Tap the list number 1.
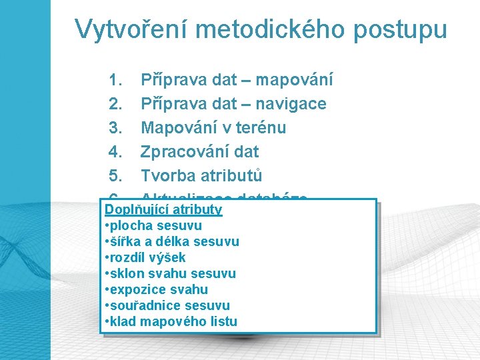pyautogui.click(x=114, y=81)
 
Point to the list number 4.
pyautogui.click(x=114, y=152)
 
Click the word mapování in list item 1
pyautogui.click(x=294, y=81)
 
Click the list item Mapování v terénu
pyautogui.click(x=213, y=128)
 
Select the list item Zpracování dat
pyautogui.click(x=199, y=152)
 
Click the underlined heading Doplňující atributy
pyautogui.click(x=163, y=210)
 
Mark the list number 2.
pyautogui.click(x=114, y=105)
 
